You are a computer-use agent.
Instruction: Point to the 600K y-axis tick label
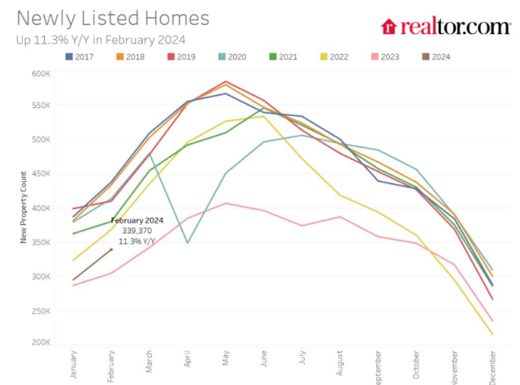pos(40,73)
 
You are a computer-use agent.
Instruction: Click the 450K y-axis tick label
pos(40,174)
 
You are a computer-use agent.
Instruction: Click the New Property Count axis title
pos(24,208)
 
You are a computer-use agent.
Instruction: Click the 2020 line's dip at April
pos(188,242)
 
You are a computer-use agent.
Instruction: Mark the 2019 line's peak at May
pos(225,81)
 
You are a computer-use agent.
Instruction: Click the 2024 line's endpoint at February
pos(111,249)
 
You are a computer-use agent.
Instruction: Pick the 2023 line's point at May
pos(225,203)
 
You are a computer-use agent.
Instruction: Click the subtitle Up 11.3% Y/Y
pos(100,39)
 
